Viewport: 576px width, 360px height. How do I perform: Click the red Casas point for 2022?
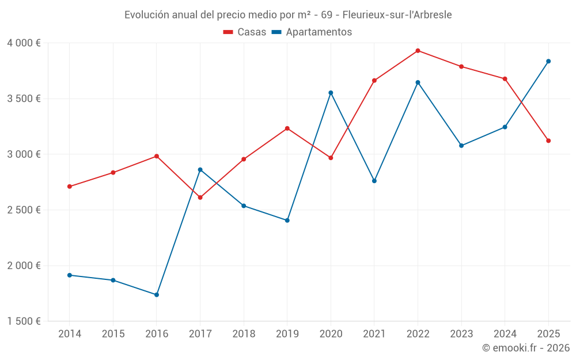pos(418,51)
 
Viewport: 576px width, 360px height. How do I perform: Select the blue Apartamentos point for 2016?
pos(157,295)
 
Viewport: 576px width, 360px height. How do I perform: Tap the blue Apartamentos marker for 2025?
pos(548,61)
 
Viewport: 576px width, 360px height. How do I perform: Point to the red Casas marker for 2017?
pos(200,198)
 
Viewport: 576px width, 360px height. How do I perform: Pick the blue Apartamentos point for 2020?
pos(331,93)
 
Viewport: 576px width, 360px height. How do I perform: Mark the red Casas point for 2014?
pos(69,187)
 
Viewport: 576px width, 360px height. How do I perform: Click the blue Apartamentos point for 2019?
pos(287,221)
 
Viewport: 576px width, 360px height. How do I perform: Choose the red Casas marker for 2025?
pos(548,141)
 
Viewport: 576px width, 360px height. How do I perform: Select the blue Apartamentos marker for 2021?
pos(374,181)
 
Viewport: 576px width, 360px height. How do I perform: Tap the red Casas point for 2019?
pos(287,128)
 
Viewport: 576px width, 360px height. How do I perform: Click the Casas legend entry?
pos(245,32)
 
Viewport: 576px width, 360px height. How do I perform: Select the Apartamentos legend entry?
pos(312,32)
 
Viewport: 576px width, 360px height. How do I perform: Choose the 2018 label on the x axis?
pos(244,334)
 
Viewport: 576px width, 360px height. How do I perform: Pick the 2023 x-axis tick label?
pos(461,334)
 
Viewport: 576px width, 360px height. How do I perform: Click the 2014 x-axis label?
pos(69,334)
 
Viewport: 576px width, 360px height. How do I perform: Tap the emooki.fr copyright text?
pos(526,348)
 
